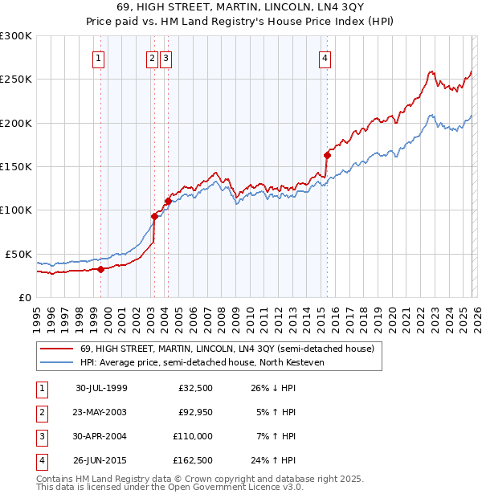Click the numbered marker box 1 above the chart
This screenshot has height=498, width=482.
(x=97, y=57)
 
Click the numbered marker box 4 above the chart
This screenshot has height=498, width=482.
(x=325, y=57)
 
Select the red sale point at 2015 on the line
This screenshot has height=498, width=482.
(x=327, y=155)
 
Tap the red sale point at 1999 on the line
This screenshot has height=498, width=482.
(x=101, y=269)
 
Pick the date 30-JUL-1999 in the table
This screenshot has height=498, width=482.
(x=101, y=388)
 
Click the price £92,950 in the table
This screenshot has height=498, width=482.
(x=196, y=412)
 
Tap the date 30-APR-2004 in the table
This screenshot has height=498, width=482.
(x=101, y=436)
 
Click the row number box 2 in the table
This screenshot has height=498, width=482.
(x=41, y=412)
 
